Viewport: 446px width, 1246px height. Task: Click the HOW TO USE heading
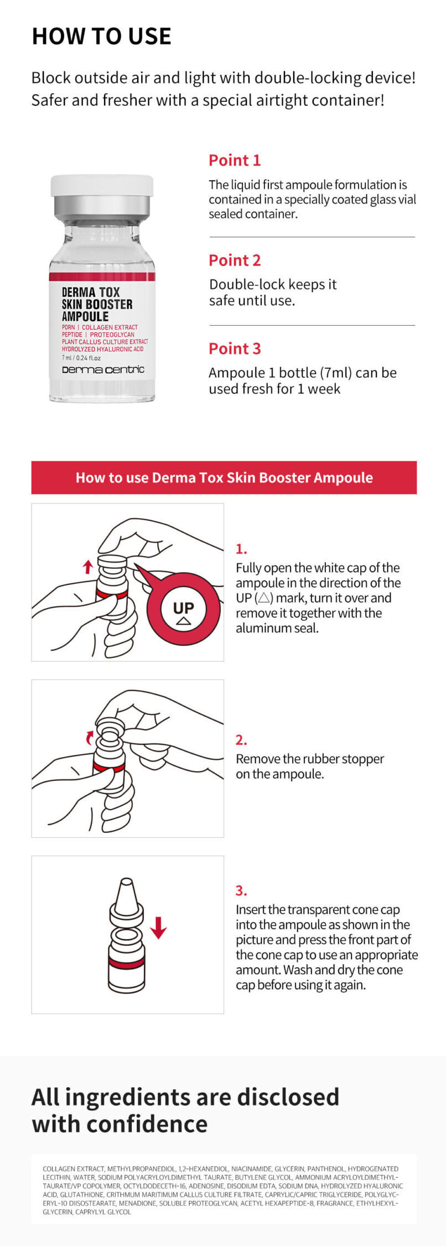(101, 36)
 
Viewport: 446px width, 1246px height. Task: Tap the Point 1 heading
(234, 161)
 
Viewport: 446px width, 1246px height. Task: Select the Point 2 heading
(234, 260)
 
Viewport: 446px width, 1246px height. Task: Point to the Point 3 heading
(234, 349)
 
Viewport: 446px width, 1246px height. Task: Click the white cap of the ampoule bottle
(102, 186)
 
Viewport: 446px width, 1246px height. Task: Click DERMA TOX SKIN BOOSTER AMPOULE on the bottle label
(97, 304)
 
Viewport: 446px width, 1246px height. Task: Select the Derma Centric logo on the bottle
(102, 369)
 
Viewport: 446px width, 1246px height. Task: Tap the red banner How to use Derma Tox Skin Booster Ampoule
(224, 477)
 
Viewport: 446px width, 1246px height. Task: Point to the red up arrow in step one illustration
(87, 567)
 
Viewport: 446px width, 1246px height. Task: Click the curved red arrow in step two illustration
(90, 737)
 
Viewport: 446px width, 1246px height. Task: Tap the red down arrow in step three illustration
(158, 928)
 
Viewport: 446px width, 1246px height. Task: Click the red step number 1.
(241, 549)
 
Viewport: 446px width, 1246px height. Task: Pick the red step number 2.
(241, 740)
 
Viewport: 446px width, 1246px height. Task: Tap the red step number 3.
(241, 890)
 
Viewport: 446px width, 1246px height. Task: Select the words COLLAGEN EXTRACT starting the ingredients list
(73, 1168)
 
